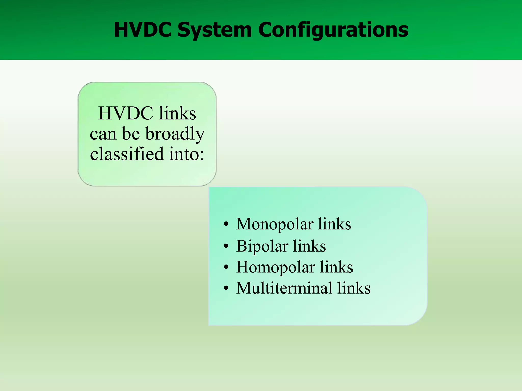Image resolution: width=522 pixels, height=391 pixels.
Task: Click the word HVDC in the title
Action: point(142,30)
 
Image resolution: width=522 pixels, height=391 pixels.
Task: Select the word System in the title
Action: point(215,30)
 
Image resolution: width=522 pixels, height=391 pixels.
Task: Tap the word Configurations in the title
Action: point(333,30)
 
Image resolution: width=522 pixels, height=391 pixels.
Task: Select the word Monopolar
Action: point(274,224)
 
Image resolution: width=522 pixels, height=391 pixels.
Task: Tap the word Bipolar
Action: point(262,246)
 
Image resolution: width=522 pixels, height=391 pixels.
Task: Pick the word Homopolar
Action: point(275,267)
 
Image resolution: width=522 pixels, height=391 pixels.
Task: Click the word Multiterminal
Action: point(284,288)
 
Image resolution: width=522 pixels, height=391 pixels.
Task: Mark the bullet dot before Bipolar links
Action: point(226,246)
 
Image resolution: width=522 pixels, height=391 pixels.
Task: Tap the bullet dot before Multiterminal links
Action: point(226,289)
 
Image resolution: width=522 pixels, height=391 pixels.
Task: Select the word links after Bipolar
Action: point(309,246)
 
